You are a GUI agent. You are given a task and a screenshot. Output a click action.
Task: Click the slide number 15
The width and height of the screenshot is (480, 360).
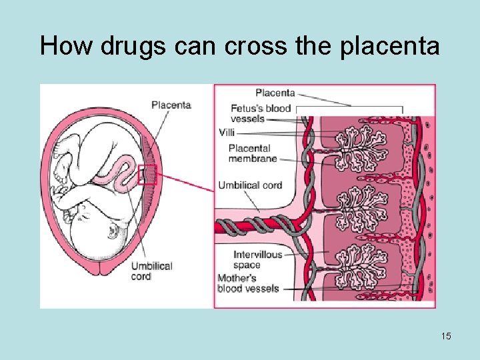click(x=445, y=336)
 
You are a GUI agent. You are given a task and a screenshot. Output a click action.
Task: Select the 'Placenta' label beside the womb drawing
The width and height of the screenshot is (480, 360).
click(x=171, y=105)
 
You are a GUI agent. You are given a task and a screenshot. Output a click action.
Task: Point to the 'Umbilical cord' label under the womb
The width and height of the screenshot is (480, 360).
click(x=152, y=271)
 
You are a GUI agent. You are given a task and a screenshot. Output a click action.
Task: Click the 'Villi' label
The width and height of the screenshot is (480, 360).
click(x=227, y=133)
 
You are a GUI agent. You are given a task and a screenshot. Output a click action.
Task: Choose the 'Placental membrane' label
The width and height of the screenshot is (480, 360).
click(x=253, y=153)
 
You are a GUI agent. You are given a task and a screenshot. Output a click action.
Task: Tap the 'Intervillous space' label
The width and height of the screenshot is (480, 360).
click(x=257, y=259)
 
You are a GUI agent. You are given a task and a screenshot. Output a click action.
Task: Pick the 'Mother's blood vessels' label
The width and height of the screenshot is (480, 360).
click(x=246, y=283)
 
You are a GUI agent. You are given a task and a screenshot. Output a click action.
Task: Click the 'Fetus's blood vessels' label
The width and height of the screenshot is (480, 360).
click(x=261, y=113)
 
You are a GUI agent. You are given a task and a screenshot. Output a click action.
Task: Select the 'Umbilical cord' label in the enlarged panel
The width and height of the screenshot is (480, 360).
click(x=250, y=185)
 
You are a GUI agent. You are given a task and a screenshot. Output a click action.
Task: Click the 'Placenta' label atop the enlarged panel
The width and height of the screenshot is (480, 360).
click(x=275, y=93)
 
